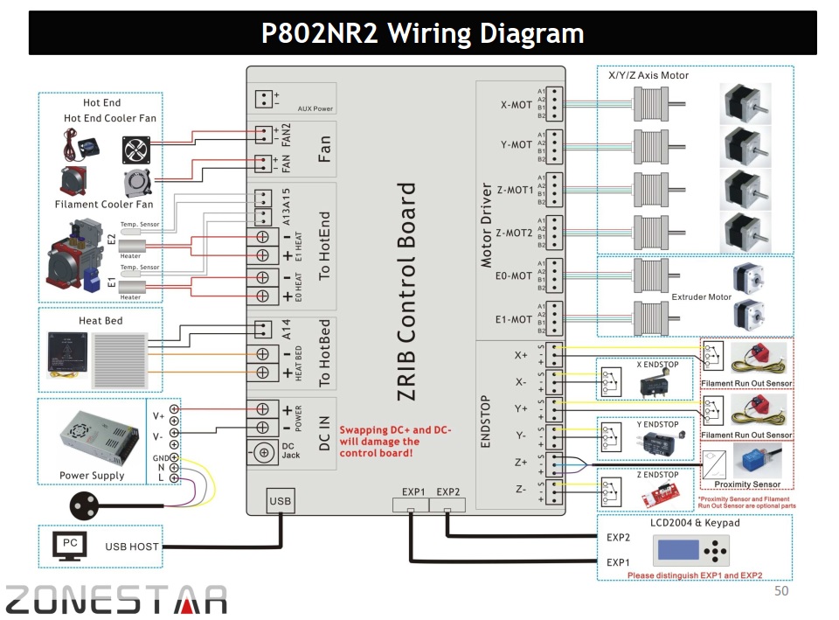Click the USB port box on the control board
coord(281,500)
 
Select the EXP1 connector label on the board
coord(413,491)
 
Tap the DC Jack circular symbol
coord(263,453)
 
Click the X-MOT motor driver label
coord(516,105)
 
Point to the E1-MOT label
coord(515,319)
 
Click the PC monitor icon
coord(70,546)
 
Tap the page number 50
coord(782,592)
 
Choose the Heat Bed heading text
coord(101,321)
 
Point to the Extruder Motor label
coord(701,297)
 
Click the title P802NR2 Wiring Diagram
coord(423,34)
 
